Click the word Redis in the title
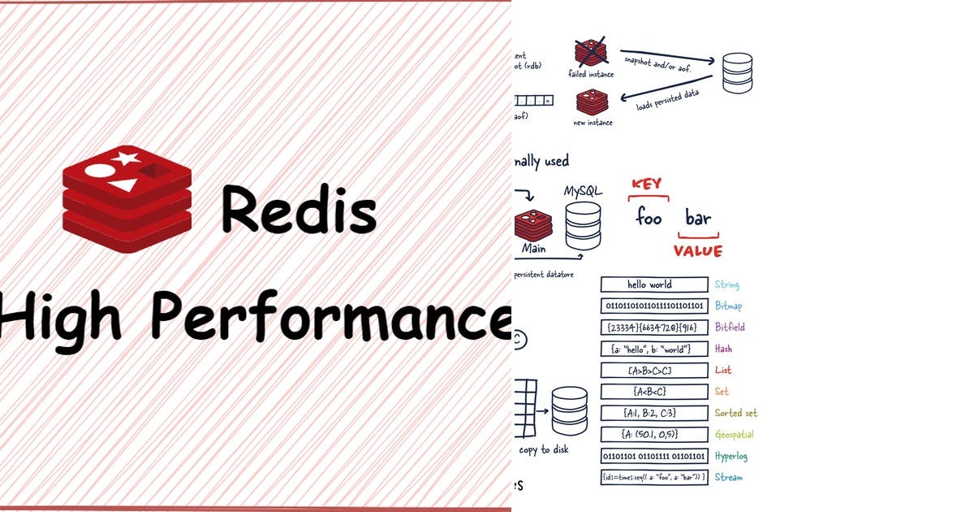(298, 209)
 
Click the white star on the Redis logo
(125, 158)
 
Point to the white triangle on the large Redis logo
(123, 186)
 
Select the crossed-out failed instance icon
(592, 51)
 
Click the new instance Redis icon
(592, 102)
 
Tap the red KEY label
(647, 184)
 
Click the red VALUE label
(697, 251)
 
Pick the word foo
(649, 218)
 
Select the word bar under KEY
(698, 218)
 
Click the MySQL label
(583, 191)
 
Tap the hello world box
(654, 284)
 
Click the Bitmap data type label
(729, 306)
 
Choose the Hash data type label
(723, 349)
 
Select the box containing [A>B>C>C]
(654, 371)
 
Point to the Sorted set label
(736, 413)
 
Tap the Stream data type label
(728, 477)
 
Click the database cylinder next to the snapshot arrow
(737, 73)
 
